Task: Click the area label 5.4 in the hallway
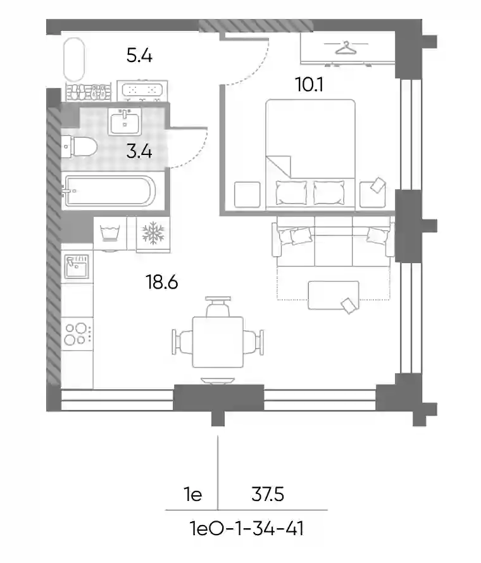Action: (139, 56)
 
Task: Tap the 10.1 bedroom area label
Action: (309, 85)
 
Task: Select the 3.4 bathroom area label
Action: (139, 152)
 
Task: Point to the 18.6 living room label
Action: (162, 282)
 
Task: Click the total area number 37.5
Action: (268, 495)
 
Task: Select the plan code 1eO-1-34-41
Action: (247, 529)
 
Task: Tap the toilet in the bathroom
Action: (79, 147)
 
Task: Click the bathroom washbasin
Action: (125, 121)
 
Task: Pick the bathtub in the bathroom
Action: (109, 190)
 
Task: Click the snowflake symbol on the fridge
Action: (153, 233)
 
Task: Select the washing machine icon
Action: (110, 233)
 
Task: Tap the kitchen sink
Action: (77, 266)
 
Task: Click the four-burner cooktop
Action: (77, 334)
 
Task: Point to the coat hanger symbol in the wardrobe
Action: (346, 48)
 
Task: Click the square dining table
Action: (218, 342)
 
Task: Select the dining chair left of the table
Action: (182, 342)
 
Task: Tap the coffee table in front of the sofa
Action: (334, 295)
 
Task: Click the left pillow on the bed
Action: (291, 192)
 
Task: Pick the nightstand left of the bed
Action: (247, 195)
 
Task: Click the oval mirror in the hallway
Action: (74, 59)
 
